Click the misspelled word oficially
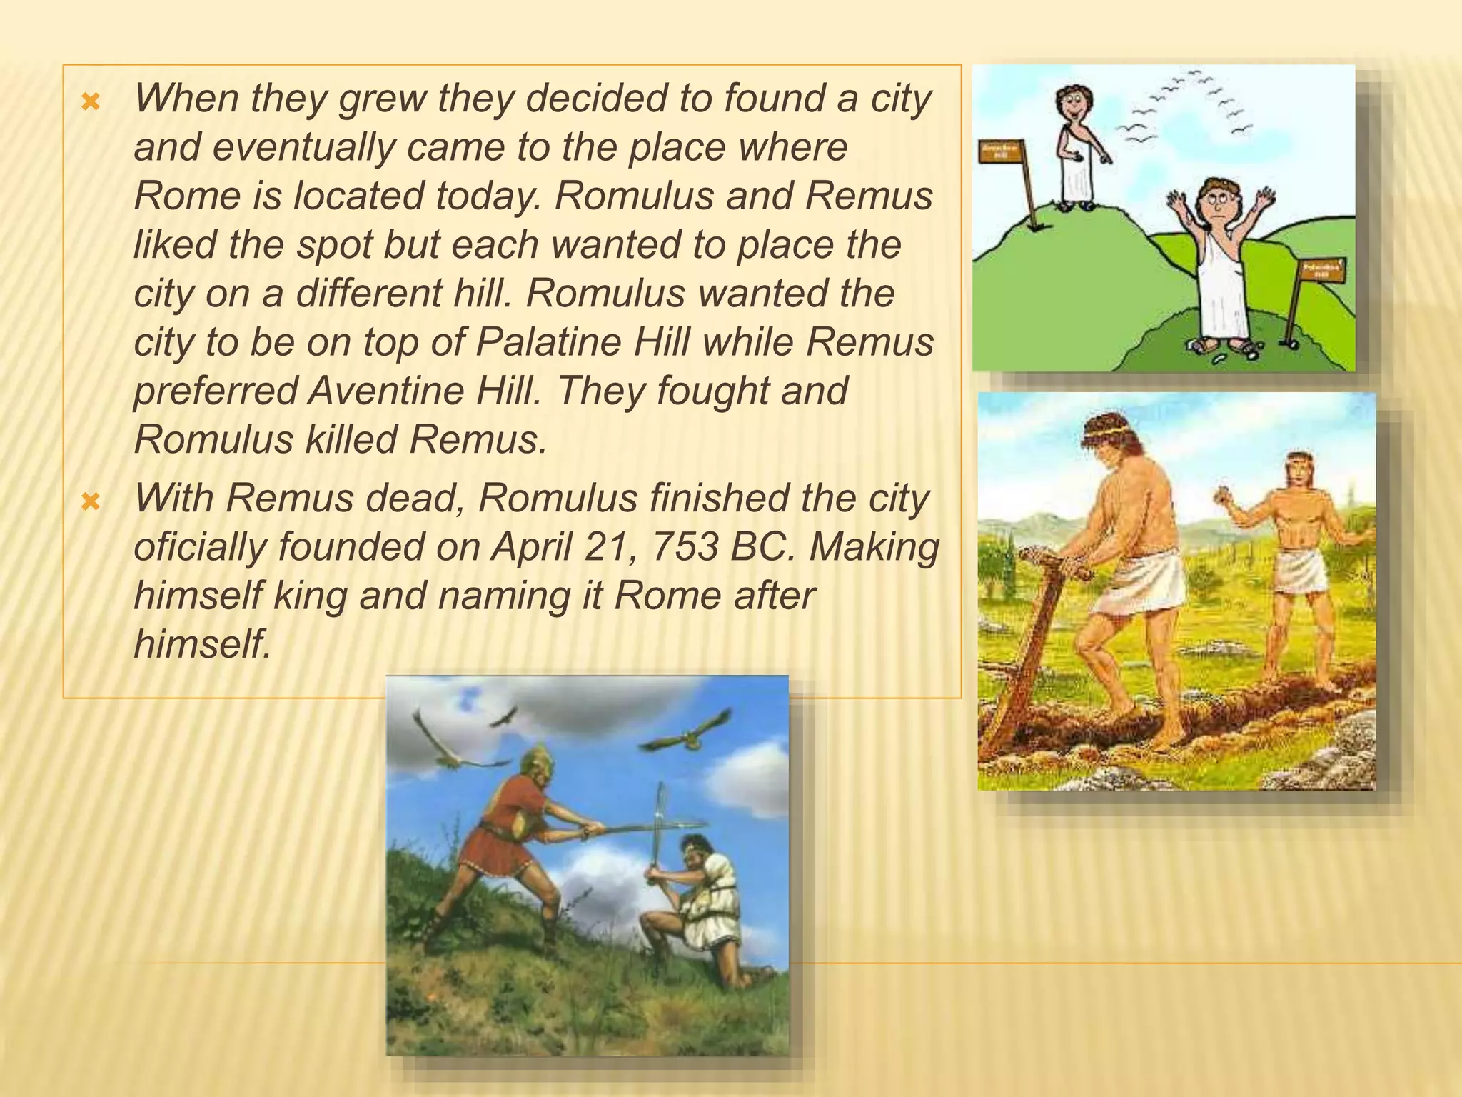(x=199, y=547)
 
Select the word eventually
(x=303, y=147)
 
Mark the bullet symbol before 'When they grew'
(x=90, y=104)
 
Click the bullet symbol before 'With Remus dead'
(x=90, y=503)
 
